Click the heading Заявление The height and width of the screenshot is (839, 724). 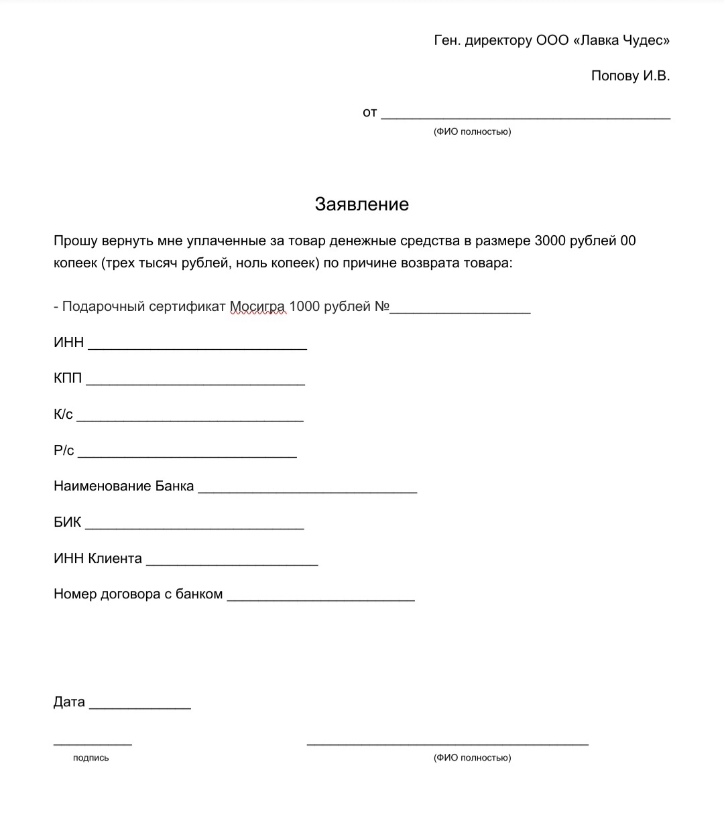click(x=361, y=204)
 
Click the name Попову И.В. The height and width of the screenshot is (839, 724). click(x=630, y=76)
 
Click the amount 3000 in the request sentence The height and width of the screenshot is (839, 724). click(x=550, y=241)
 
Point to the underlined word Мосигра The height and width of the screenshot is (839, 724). click(x=257, y=307)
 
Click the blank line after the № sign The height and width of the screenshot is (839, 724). click(x=461, y=310)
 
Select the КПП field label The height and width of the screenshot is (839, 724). click(x=68, y=378)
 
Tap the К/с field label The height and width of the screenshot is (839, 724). click(x=63, y=414)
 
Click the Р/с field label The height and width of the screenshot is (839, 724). click(x=64, y=450)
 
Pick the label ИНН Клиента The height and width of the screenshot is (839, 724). click(x=97, y=558)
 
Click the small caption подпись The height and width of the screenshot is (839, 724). click(x=90, y=758)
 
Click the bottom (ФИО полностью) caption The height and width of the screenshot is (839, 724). click(x=472, y=758)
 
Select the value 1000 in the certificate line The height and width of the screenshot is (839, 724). click(x=304, y=307)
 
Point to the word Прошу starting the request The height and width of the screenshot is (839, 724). click(x=76, y=241)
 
